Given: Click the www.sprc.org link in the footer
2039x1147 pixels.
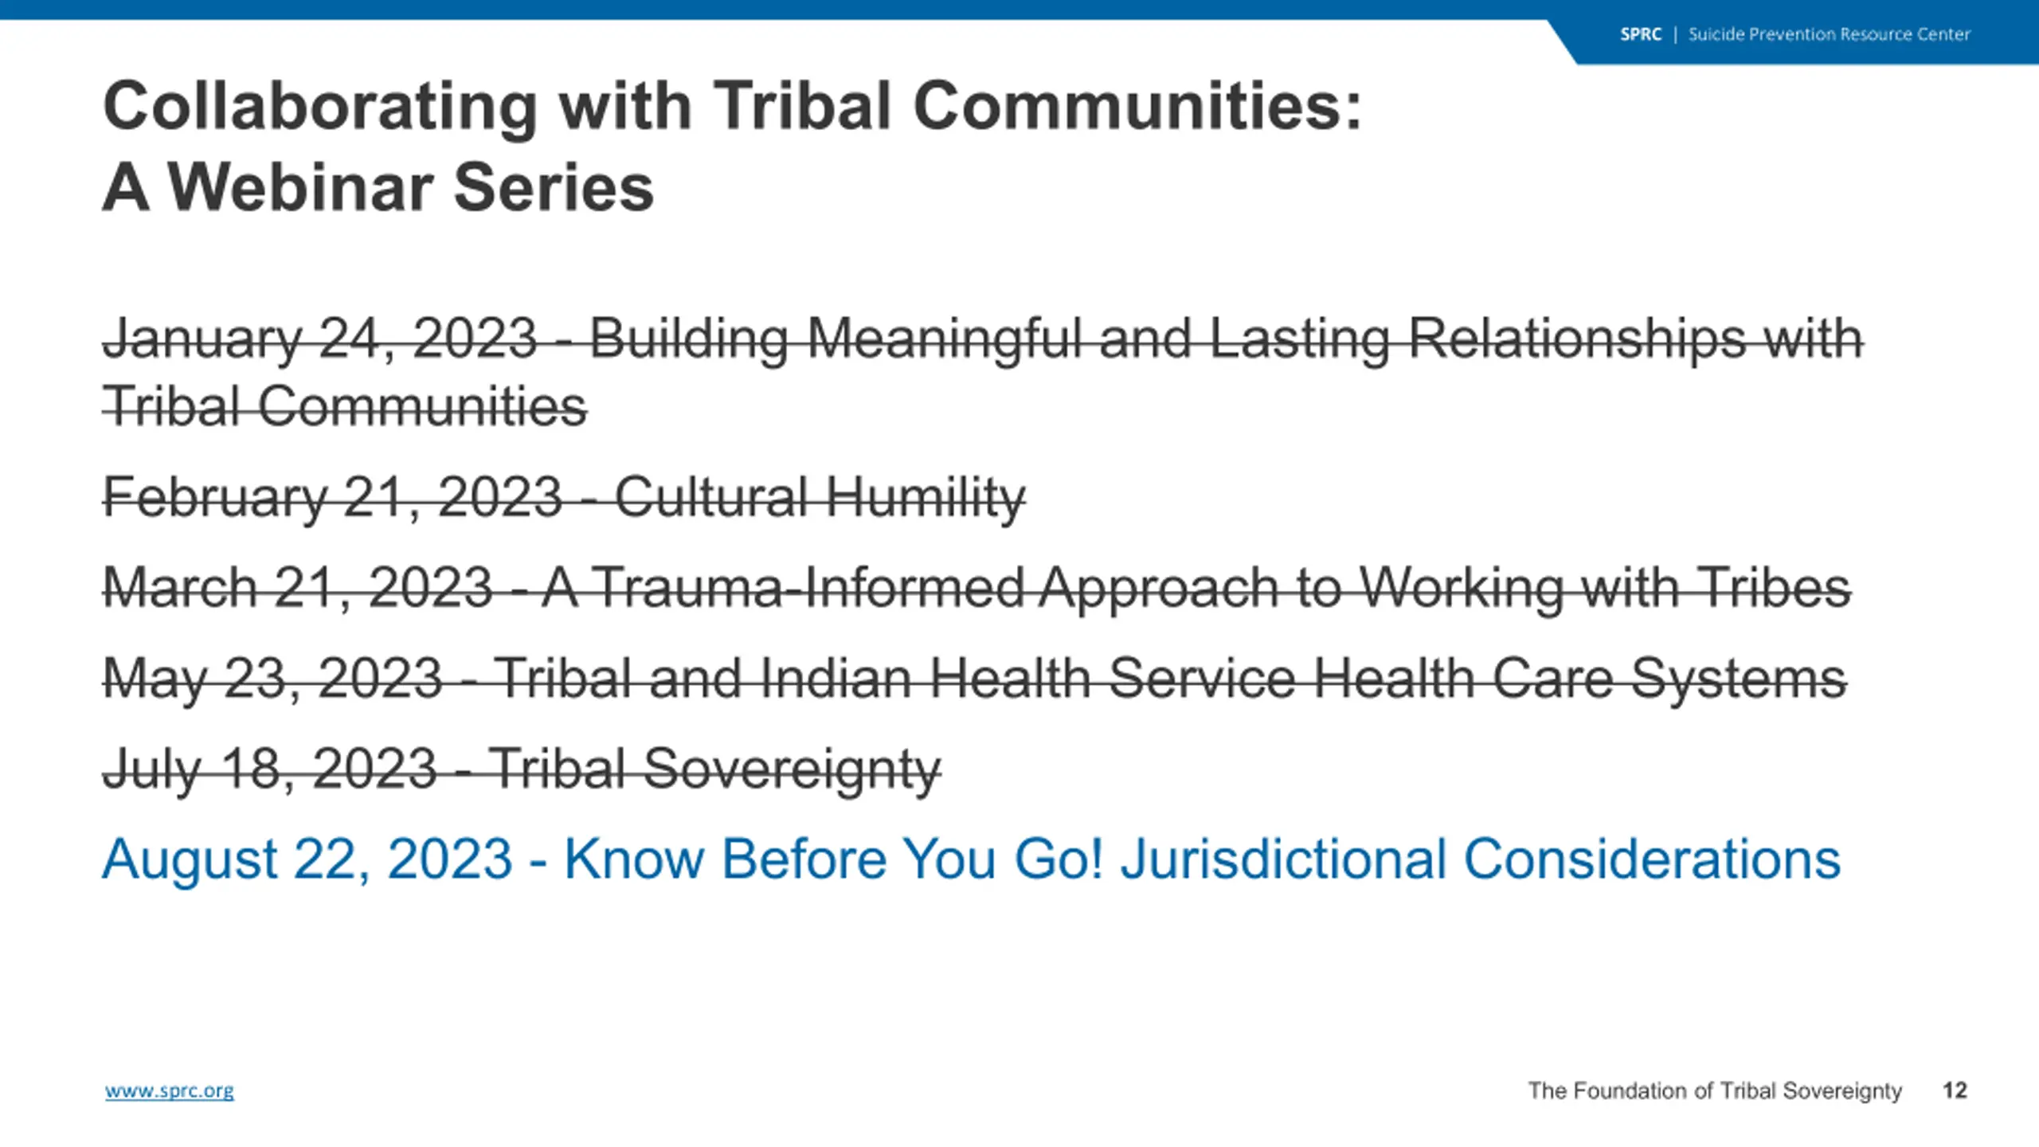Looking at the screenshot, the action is (170, 1090).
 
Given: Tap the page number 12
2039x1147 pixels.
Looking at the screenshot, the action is (1955, 1090).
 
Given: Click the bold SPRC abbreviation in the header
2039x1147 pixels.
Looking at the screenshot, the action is (1641, 34).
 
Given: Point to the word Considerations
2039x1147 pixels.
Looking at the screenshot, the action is (1653, 859).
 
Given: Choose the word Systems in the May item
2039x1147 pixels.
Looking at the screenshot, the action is (1739, 679).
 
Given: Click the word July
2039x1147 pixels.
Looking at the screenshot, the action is (151, 770).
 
